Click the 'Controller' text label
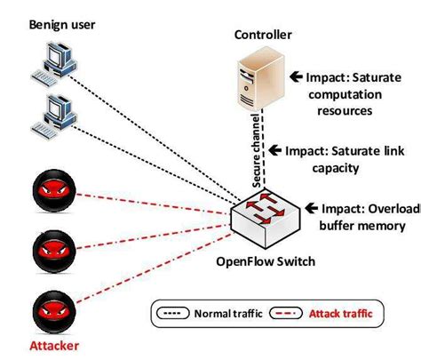(x=262, y=36)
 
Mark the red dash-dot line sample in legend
(x=287, y=313)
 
